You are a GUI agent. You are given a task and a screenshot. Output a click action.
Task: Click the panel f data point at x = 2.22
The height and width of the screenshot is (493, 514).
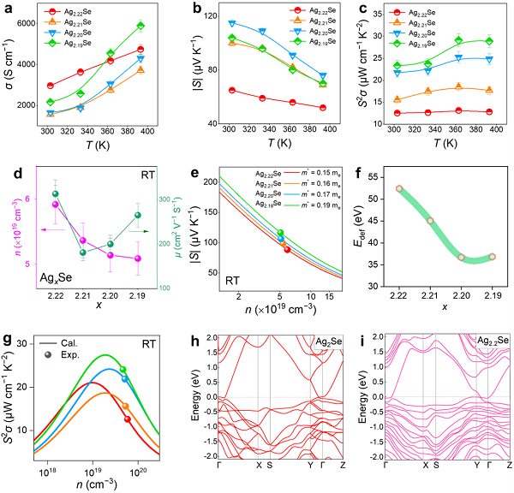point(399,188)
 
